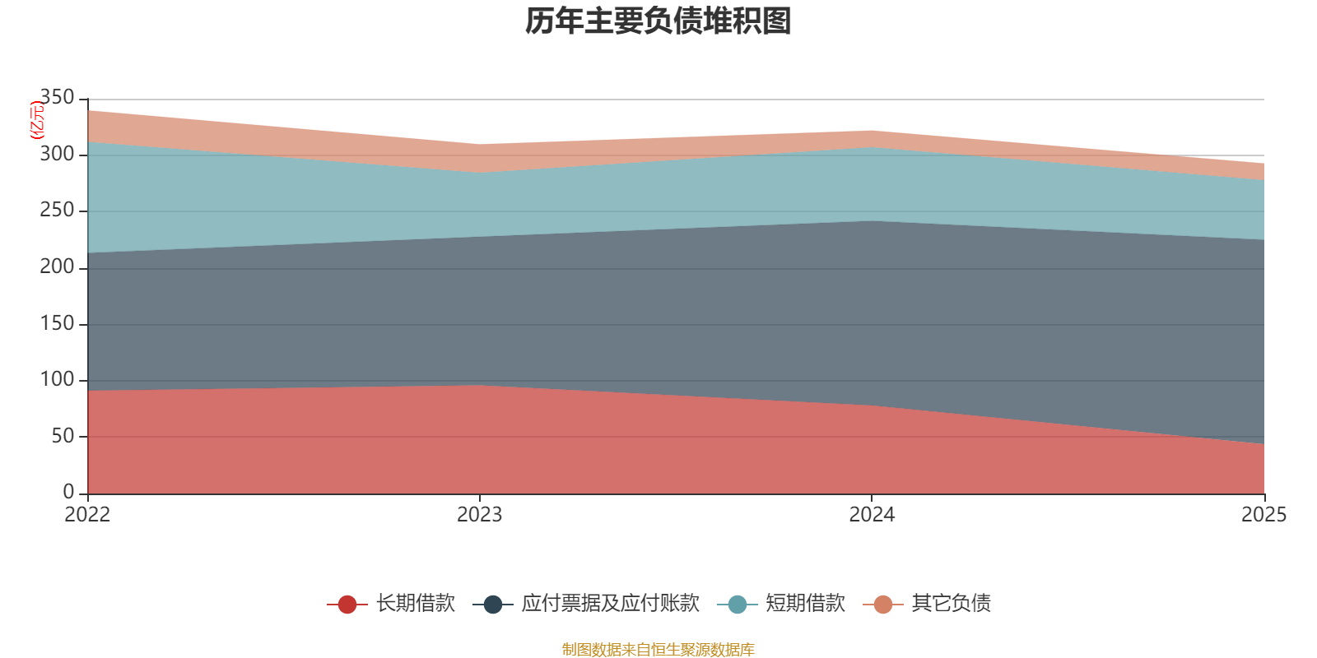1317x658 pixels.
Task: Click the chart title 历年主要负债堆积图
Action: pyautogui.click(x=658, y=21)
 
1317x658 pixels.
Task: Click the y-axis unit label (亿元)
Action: pyautogui.click(x=37, y=120)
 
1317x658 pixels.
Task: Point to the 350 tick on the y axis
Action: pyautogui.click(x=57, y=98)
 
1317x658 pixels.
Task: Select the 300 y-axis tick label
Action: pyautogui.click(x=57, y=154)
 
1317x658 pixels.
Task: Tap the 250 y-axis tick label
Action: pyautogui.click(x=57, y=211)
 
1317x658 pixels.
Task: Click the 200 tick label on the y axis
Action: pyautogui.click(x=57, y=266)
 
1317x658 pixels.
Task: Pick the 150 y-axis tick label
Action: pyautogui.click(x=57, y=323)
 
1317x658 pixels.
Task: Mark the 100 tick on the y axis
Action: pyautogui.click(x=57, y=379)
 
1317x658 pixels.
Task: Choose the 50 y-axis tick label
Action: pyautogui.click(x=63, y=436)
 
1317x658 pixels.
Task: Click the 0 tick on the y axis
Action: pyautogui.click(x=69, y=493)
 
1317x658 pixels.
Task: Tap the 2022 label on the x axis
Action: pyautogui.click(x=87, y=515)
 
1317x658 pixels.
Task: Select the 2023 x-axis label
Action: pyautogui.click(x=480, y=515)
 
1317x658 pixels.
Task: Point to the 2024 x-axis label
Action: pyautogui.click(x=872, y=515)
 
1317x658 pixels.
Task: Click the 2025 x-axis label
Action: pyautogui.click(x=1264, y=515)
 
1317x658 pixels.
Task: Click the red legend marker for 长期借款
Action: pyautogui.click(x=347, y=604)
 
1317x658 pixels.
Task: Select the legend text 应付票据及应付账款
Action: pyautogui.click(x=610, y=604)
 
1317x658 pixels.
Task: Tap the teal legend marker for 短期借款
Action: pyautogui.click(x=738, y=604)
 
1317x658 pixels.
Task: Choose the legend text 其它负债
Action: pyautogui.click(x=952, y=604)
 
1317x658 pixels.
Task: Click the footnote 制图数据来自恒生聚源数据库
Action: pyautogui.click(x=658, y=649)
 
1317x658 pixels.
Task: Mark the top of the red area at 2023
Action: pyautogui.click(x=480, y=385)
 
